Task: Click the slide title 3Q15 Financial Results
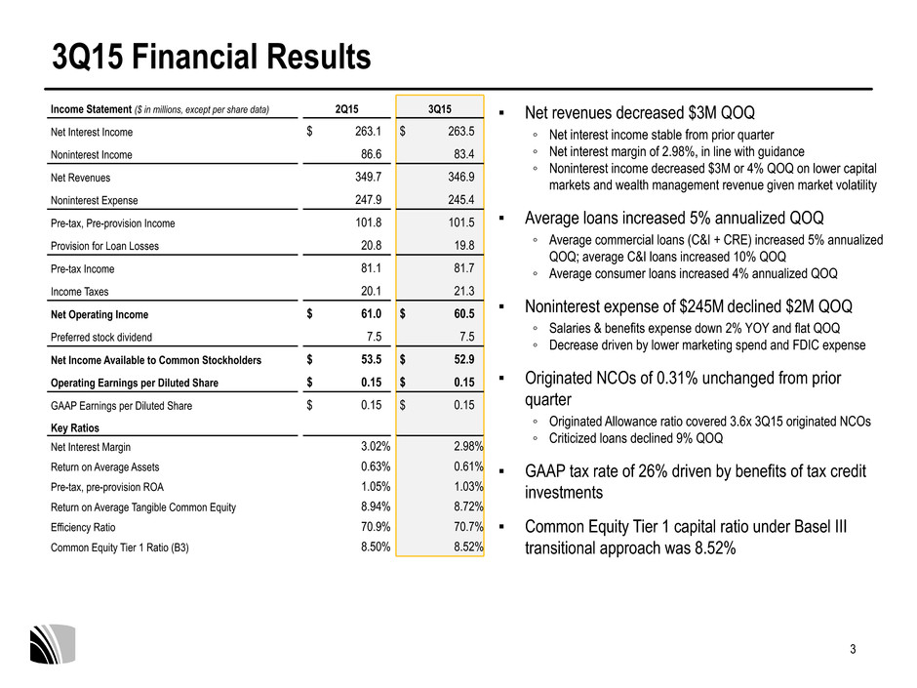(x=211, y=57)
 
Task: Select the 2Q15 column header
(x=346, y=109)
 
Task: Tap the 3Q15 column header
(x=440, y=109)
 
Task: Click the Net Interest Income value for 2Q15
(x=368, y=132)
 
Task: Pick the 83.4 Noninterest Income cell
(x=463, y=154)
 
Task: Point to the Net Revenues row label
(x=80, y=178)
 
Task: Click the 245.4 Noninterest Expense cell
(x=460, y=200)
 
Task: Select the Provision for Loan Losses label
(x=104, y=246)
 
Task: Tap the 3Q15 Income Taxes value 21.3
(x=464, y=292)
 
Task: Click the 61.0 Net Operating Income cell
(x=371, y=314)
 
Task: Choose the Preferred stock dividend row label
(x=101, y=338)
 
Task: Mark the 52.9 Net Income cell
(x=464, y=360)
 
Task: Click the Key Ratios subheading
(x=75, y=428)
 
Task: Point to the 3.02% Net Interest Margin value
(x=376, y=447)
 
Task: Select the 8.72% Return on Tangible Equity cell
(x=468, y=507)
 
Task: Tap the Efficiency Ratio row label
(x=83, y=528)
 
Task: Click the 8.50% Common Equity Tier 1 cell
(x=376, y=547)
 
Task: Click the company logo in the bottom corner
(x=53, y=644)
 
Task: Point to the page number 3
(x=853, y=649)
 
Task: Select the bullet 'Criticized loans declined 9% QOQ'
(x=636, y=439)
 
